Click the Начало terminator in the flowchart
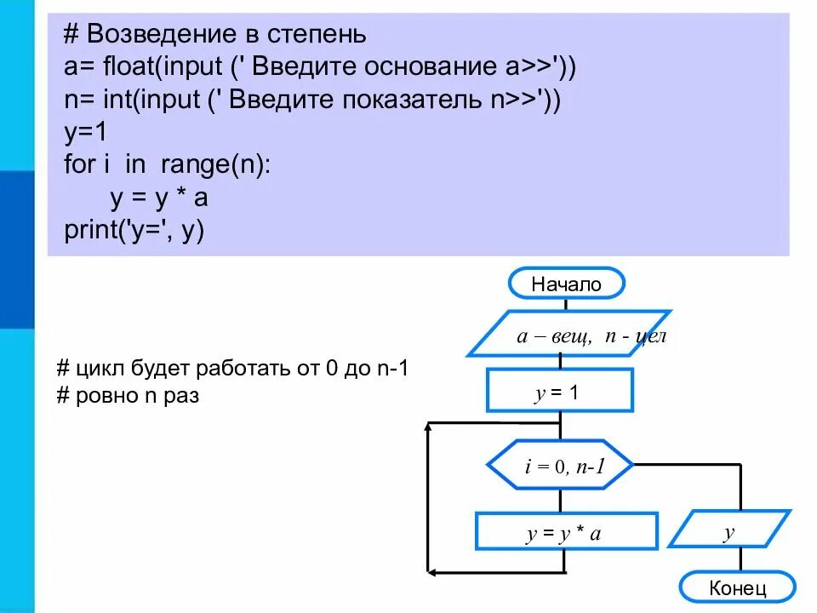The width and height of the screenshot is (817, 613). point(566,284)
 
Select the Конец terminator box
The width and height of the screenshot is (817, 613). point(737,587)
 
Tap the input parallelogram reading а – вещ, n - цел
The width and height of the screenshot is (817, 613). point(569,335)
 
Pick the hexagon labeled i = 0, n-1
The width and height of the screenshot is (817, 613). point(560,466)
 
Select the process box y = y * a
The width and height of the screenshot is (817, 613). point(566,532)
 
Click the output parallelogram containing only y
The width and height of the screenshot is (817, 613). point(729,532)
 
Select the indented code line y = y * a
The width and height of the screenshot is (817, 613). point(159,198)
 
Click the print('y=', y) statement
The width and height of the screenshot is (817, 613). point(134,230)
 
